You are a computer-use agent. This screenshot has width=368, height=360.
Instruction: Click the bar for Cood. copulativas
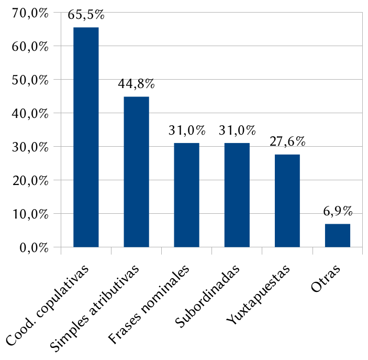(86, 137)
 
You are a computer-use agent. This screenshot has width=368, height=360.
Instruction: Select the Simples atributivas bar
(136, 171)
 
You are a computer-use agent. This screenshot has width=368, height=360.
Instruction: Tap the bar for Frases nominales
(186, 194)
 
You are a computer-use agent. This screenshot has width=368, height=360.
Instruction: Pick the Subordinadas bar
(237, 194)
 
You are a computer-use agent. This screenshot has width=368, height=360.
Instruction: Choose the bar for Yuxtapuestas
(287, 200)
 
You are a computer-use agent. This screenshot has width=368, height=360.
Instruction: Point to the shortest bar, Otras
(337, 235)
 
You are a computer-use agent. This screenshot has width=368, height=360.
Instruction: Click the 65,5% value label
(86, 15)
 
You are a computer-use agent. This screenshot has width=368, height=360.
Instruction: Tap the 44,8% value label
(136, 84)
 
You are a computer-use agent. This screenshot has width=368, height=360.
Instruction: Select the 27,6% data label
(287, 142)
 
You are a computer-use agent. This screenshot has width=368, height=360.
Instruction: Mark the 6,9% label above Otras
(338, 212)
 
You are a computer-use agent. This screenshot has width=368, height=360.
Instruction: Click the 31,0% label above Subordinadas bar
(237, 130)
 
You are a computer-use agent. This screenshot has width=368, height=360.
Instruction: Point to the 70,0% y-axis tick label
(29, 13)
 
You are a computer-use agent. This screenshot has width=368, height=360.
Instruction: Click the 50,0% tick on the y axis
(29, 80)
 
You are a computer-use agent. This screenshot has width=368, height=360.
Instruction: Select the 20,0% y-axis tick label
(29, 181)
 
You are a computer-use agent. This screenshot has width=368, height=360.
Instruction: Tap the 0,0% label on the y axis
(32, 248)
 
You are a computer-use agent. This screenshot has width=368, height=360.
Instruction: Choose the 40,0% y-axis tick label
(29, 114)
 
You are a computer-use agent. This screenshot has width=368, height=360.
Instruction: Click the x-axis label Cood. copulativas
(48, 306)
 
